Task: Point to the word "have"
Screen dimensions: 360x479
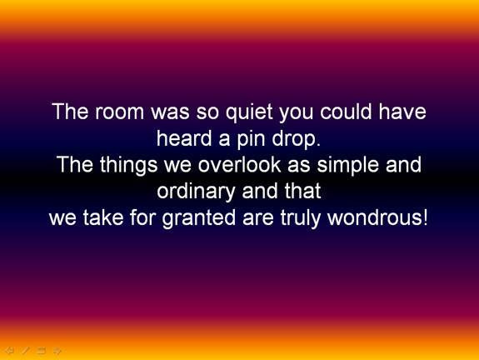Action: [x=401, y=112]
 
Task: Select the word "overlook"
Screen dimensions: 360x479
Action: [x=238, y=165]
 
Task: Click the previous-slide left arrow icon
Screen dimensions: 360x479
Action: [x=9, y=351]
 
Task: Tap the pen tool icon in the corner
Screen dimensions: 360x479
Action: [x=25, y=351]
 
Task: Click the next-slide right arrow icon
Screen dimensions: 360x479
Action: [x=57, y=351]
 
